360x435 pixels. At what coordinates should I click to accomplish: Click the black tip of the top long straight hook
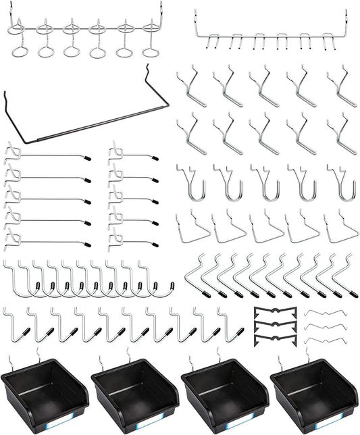[x=88, y=157]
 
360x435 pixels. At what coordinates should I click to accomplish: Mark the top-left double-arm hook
[x=192, y=86]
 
